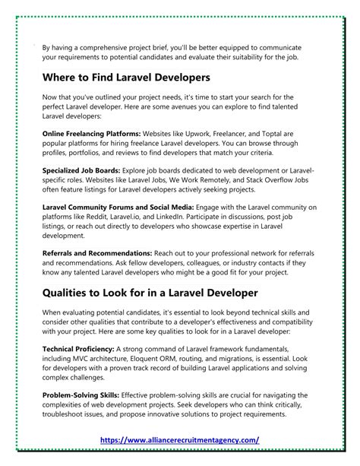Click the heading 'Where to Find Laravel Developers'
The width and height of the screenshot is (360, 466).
click(126, 78)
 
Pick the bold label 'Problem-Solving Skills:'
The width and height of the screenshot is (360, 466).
click(79, 395)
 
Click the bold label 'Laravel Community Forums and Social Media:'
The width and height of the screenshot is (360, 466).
click(117, 207)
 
